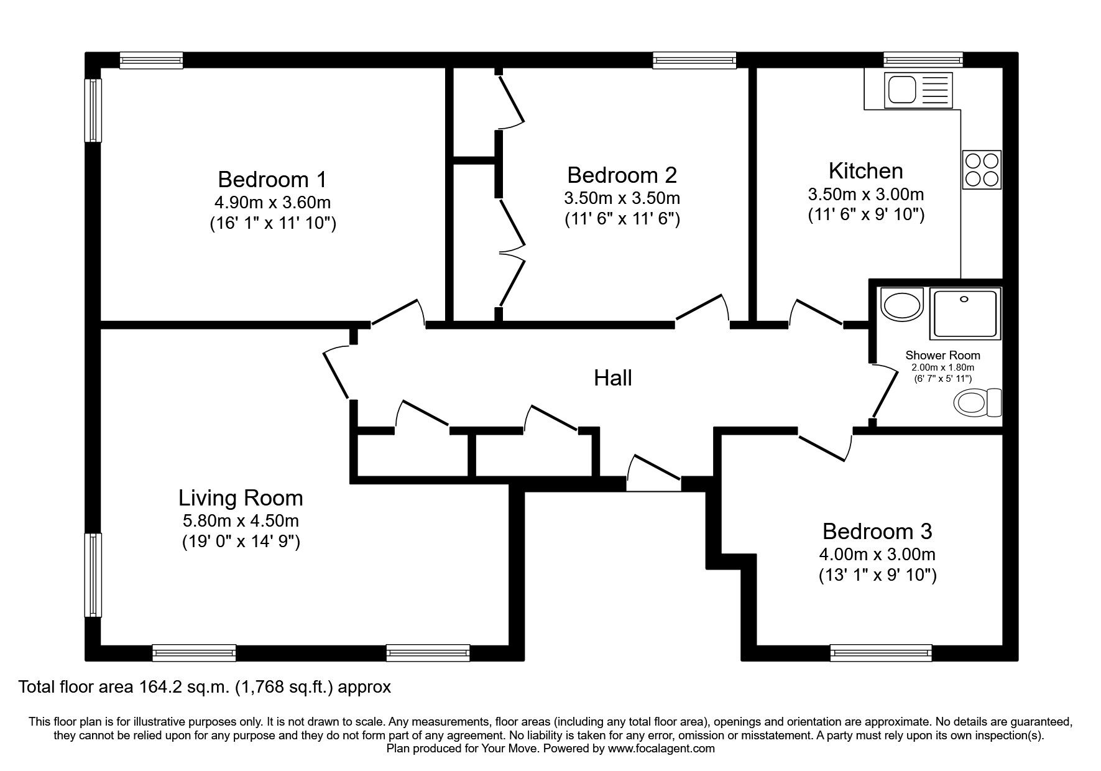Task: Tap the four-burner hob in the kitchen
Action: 982,170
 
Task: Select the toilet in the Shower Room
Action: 977,402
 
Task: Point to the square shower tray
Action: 965,313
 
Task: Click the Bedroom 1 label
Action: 272,180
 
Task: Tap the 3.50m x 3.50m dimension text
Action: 621,198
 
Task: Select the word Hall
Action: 612,378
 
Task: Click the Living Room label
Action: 241,498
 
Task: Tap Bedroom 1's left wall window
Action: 93,110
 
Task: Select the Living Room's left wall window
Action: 93,575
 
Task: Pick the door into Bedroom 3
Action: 826,445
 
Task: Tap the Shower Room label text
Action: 942,356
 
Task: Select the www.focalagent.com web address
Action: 661,749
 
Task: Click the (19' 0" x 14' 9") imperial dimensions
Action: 241,542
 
